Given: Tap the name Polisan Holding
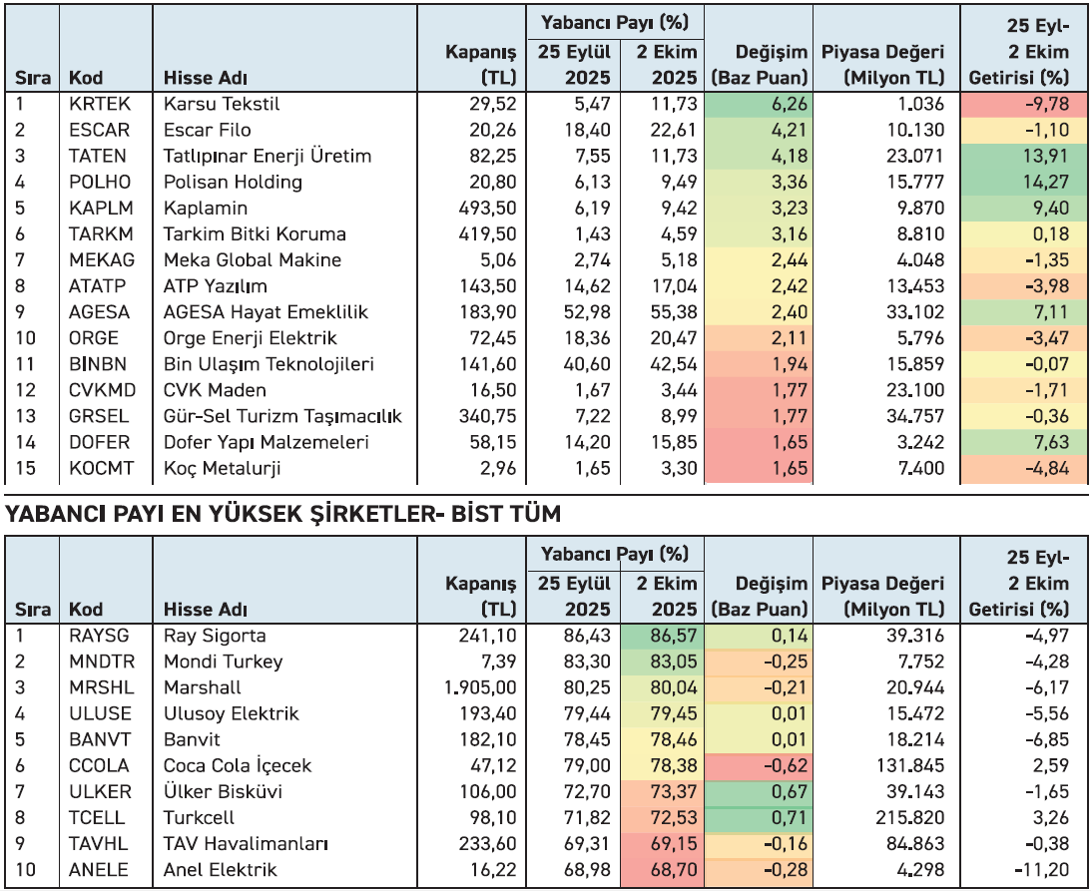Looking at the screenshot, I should [233, 182].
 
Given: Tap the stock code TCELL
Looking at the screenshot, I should [96, 817].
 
